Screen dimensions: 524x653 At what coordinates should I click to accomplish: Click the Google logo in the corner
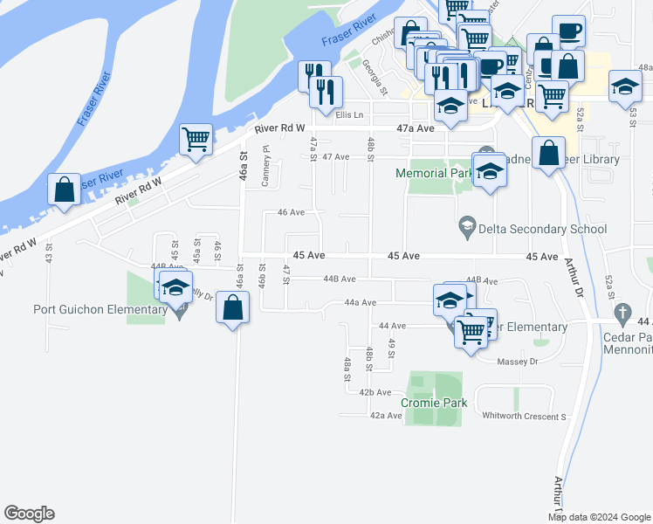(29, 514)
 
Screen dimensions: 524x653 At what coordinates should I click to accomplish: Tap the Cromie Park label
(435, 403)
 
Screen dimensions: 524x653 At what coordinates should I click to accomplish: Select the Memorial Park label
(433, 174)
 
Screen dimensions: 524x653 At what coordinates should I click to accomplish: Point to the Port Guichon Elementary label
(100, 309)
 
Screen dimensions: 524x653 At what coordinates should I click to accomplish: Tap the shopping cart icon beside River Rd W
(196, 139)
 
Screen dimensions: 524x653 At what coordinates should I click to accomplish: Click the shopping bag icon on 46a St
(232, 308)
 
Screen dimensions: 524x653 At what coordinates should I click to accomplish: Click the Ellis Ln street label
(348, 114)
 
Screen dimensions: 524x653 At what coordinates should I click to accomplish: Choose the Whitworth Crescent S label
(524, 417)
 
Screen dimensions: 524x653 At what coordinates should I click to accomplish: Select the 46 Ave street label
(291, 212)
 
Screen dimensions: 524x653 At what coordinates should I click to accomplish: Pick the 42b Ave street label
(378, 393)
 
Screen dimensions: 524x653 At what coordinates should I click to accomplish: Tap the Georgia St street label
(375, 76)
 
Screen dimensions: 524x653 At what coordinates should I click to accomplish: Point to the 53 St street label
(634, 115)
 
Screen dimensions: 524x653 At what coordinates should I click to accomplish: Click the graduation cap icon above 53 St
(625, 88)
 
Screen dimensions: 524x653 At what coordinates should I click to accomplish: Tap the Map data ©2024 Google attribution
(600, 517)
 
